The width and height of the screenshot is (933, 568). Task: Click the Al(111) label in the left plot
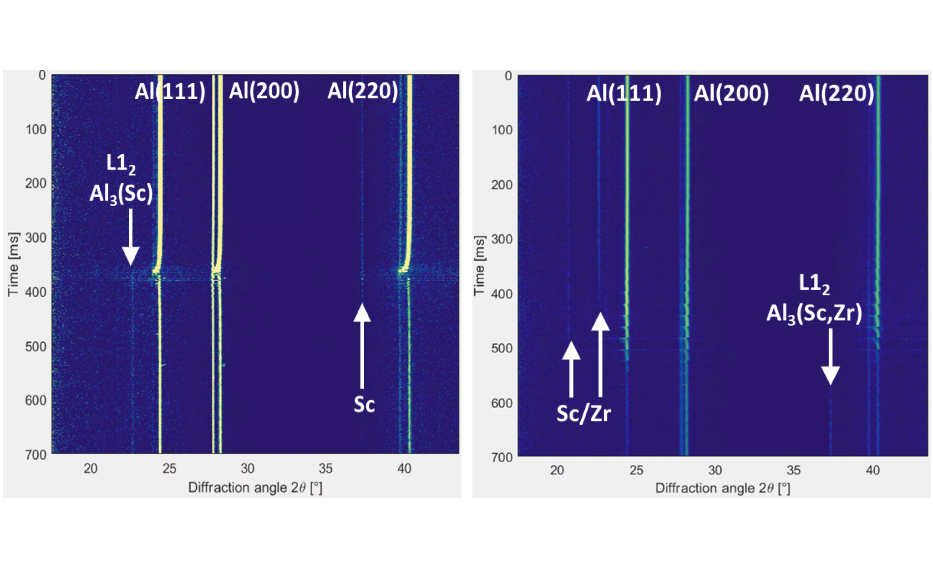pyautogui.click(x=170, y=91)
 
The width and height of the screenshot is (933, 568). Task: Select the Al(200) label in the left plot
pyautogui.click(x=264, y=91)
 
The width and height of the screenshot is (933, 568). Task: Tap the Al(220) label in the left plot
pyautogui.click(x=363, y=91)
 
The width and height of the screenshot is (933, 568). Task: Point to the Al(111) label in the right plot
pyautogui.click(x=624, y=93)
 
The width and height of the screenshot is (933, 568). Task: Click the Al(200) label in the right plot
pyautogui.click(x=731, y=93)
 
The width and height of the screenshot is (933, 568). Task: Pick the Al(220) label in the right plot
pyautogui.click(x=837, y=93)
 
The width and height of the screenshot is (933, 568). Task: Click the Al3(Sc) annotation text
pyautogui.click(x=121, y=193)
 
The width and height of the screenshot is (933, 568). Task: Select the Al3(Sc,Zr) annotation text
pyautogui.click(x=814, y=313)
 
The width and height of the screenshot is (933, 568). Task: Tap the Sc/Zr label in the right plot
pyautogui.click(x=584, y=413)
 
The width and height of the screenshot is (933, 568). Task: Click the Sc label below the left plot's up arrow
pyautogui.click(x=364, y=404)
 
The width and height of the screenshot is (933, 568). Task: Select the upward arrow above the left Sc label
pyautogui.click(x=362, y=346)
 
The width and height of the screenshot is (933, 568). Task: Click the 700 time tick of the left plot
pyautogui.click(x=36, y=454)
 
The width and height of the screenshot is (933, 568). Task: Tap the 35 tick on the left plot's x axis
pyautogui.click(x=325, y=468)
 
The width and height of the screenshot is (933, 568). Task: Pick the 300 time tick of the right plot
pyautogui.click(x=502, y=239)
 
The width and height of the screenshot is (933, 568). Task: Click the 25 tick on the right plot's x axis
pyautogui.click(x=636, y=470)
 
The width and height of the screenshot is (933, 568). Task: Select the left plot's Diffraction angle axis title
pyautogui.click(x=255, y=488)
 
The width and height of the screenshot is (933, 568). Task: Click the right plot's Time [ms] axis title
pyautogui.click(x=479, y=266)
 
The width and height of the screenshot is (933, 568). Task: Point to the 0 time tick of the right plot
pyautogui.click(x=508, y=76)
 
